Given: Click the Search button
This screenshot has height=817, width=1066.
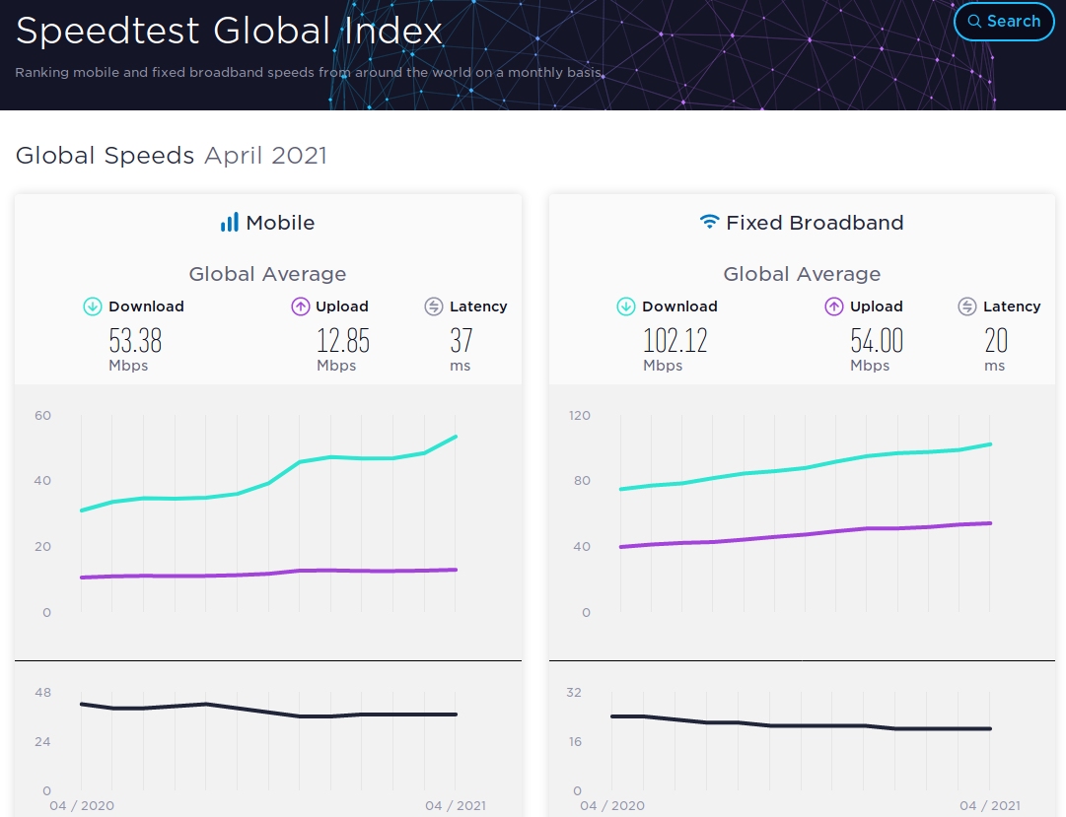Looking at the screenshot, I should tap(1004, 22).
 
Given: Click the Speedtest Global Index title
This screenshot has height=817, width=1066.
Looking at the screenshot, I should tap(229, 32).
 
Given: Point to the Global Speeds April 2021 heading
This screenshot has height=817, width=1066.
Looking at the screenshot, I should tap(172, 156).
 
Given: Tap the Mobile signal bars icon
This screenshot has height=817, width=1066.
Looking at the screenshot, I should tap(230, 223).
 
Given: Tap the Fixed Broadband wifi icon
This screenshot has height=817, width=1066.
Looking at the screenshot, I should tap(709, 223).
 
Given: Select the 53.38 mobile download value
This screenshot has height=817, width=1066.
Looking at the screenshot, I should tap(135, 341).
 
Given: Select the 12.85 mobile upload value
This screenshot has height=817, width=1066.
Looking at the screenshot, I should tap(343, 341).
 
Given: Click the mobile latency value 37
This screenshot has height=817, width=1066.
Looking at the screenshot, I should tap(461, 341).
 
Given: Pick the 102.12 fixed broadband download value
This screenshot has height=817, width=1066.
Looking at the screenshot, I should tap(675, 341).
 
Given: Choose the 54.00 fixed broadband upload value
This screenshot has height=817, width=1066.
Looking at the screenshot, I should tap(877, 341).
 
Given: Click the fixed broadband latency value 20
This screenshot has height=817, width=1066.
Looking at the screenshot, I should tap(996, 341).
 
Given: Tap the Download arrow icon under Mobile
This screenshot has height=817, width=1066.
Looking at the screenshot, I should tap(93, 306).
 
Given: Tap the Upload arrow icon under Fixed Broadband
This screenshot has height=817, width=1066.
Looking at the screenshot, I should tap(834, 306).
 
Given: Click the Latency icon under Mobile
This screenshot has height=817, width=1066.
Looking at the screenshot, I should tap(434, 306).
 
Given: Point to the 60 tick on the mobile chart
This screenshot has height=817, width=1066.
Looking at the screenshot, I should tap(42, 415).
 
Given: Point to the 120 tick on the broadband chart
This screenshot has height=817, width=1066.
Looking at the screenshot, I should tap(580, 415).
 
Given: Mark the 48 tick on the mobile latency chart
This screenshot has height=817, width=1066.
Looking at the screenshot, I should tap(42, 693).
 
